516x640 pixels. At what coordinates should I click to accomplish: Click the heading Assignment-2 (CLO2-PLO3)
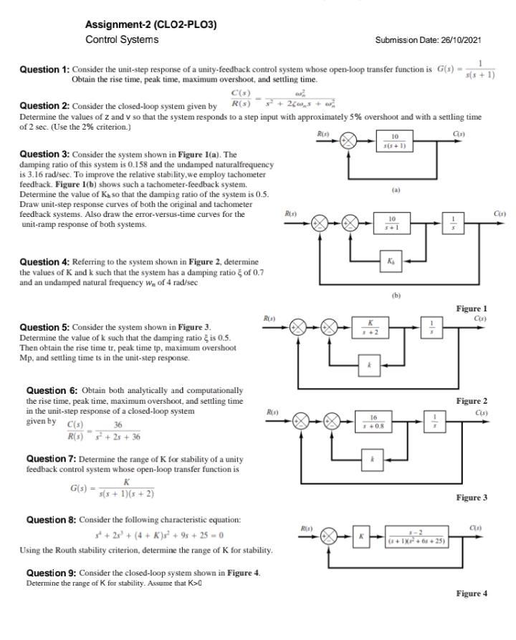(x=150, y=25)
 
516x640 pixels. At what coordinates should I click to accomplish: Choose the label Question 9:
(x=52, y=573)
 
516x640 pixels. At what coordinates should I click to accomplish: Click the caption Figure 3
(x=472, y=498)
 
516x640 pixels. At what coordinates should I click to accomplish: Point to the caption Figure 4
(x=472, y=593)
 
